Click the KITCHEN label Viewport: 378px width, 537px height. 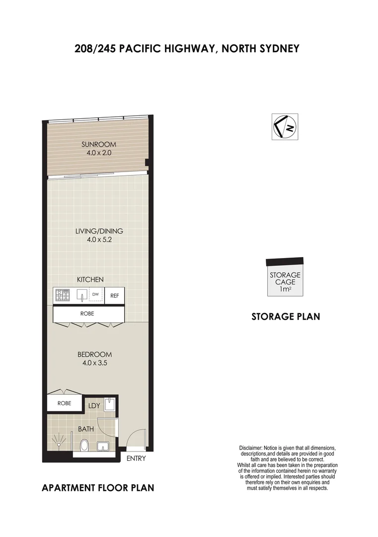click(x=90, y=279)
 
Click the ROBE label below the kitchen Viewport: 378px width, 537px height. click(x=87, y=314)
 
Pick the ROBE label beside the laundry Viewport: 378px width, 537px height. click(x=64, y=403)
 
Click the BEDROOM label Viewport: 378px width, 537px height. click(x=94, y=355)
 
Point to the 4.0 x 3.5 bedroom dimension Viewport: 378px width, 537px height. click(x=94, y=363)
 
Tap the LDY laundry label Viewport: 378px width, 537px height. click(x=94, y=406)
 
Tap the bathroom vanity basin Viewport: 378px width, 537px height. click(x=104, y=446)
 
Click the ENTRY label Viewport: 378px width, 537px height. click(x=136, y=458)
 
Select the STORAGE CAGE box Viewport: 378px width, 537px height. click(x=285, y=281)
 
